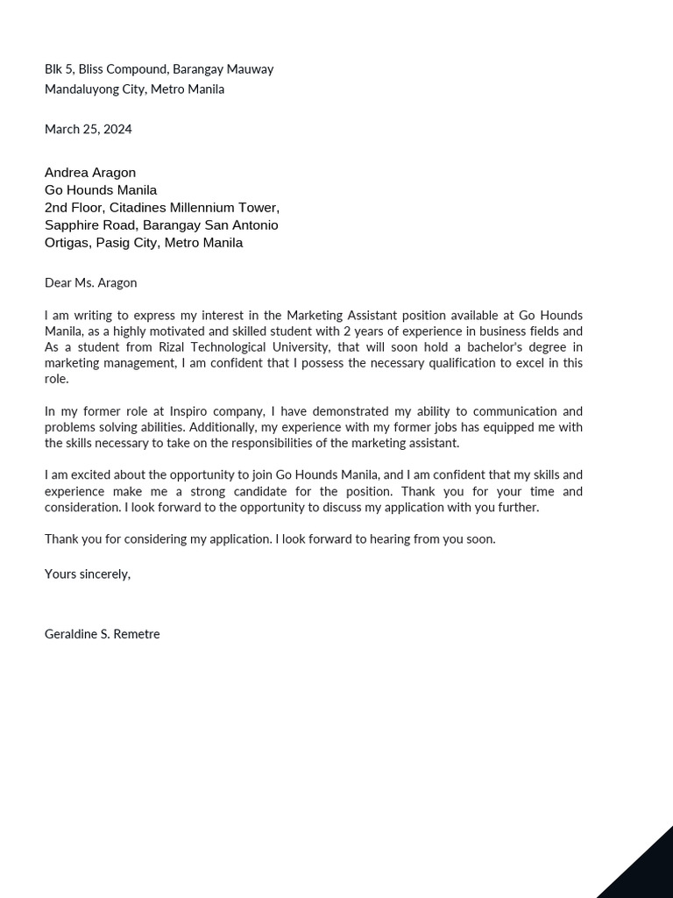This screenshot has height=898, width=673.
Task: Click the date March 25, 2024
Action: point(88,129)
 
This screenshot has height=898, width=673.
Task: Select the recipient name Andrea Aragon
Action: point(90,173)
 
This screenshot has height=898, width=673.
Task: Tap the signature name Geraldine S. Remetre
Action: point(102,634)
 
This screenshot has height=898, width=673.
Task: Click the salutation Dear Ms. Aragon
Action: point(90,282)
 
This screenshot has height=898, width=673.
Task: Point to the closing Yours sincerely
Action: point(87,574)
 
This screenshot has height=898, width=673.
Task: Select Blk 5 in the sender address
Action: point(58,69)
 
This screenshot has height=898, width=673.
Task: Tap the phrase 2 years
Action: point(361,331)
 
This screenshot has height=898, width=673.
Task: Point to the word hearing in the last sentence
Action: point(390,539)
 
